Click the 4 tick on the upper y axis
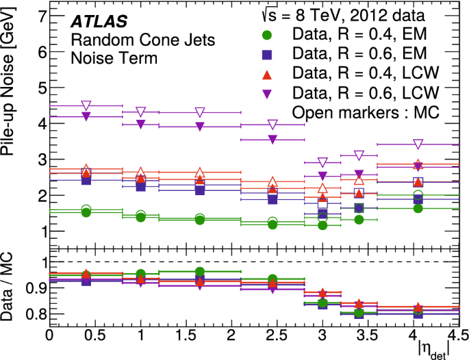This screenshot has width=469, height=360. pos(42,124)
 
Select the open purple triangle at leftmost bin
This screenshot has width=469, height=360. pos(86,106)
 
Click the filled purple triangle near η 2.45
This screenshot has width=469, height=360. pos(272,140)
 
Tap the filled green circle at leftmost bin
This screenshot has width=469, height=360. pos(86,213)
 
